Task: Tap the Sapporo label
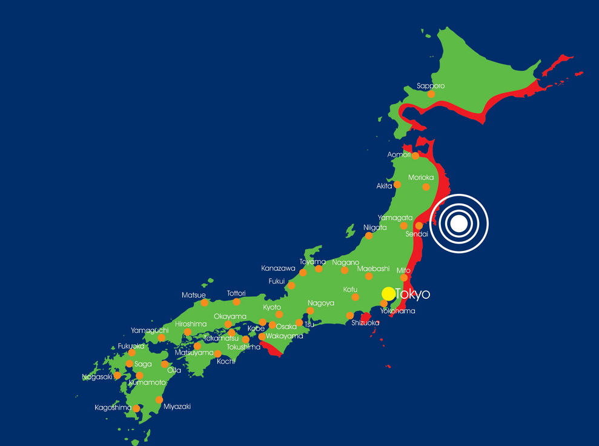(431, 86)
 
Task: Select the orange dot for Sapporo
(431, 94)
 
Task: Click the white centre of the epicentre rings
(459, 224)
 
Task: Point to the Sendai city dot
(419, 225)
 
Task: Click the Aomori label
(399, 155)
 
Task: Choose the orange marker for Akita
(397, 184)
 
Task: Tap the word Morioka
(420, 178)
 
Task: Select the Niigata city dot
(369, 236)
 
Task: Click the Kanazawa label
(278, 268)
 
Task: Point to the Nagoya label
(321, 303)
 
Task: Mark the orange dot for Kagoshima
(137, 408)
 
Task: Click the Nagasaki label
(98, 377)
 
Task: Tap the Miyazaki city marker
(159, 399)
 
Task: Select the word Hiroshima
(191, 324)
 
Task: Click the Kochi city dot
(217, 353)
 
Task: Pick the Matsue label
(194, 295)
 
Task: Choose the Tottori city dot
(236, 302)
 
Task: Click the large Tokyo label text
(412, 295)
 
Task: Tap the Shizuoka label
(365, 323)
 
